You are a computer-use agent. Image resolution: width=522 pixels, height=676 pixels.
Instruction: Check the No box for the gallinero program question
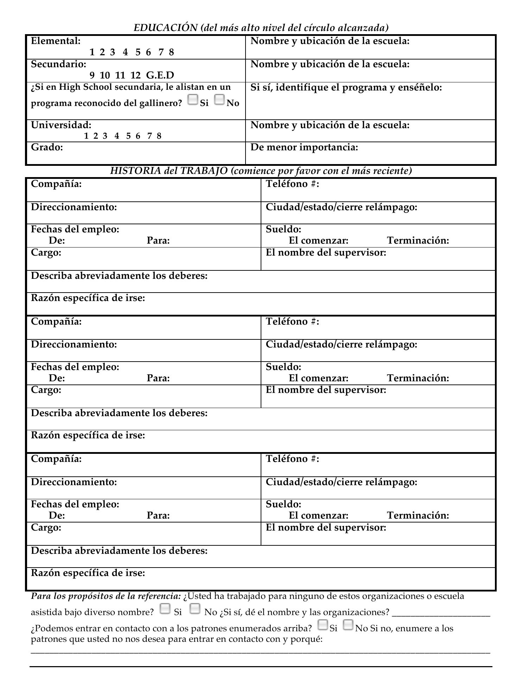coord(219,100)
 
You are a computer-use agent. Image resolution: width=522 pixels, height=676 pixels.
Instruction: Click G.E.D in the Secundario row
coord(160,75)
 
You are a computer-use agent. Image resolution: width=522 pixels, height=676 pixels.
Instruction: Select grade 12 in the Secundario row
coord(135,75)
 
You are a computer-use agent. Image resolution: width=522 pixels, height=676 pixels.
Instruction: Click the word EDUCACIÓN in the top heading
coord(166,28)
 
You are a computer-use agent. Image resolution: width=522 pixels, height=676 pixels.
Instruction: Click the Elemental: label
coord(56,41)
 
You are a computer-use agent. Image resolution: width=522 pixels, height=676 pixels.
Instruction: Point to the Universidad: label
coord(61,125)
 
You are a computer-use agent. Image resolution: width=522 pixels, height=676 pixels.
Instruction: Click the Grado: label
coord(47,148)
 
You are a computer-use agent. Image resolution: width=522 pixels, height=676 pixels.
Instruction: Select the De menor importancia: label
coord(304,148)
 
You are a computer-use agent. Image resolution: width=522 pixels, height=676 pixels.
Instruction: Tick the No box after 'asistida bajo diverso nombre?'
coord(195,608)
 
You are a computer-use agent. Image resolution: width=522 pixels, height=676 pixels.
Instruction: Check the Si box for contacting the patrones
coord(323,625)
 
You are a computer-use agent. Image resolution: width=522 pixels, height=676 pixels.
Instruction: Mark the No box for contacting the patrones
coord(348,625)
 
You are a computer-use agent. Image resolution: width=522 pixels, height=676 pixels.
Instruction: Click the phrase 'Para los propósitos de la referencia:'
coord(106,596)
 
